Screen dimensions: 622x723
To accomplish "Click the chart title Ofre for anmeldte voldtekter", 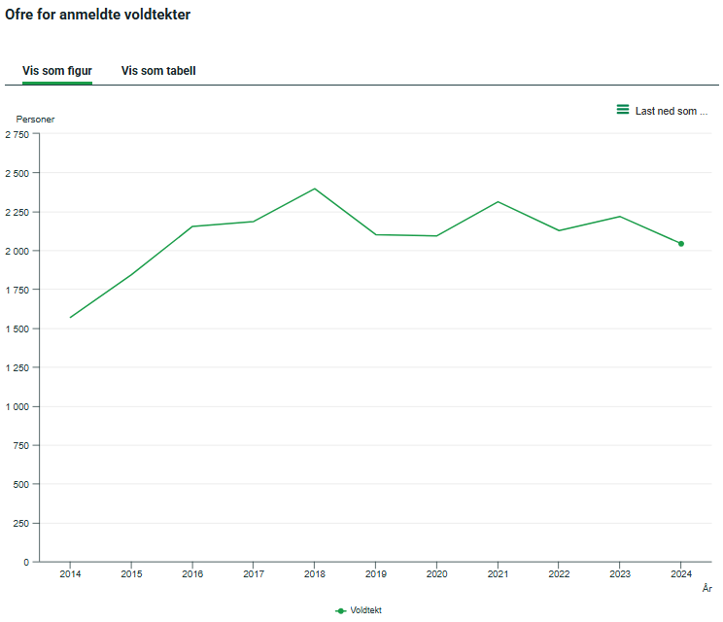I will (x=97, y=15).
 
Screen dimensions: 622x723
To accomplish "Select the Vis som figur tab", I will (x=57, y=71).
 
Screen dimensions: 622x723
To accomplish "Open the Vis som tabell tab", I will (x=158, y=71).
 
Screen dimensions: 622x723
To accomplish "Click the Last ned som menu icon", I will (x=623, y=110).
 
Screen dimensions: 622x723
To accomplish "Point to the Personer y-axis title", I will (x=35, y=120).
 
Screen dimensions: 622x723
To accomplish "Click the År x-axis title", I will (x=706, y=588).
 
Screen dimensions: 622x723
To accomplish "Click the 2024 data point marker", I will (x=681, y=244).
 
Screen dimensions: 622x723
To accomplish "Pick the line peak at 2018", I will (x=315, y=189).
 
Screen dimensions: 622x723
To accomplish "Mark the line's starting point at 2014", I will (x=70, y=318).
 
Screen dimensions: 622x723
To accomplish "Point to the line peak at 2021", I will (x=498, y=202).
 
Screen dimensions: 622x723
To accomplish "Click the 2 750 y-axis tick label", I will (x=17, y=134).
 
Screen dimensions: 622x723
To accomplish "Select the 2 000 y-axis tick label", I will (x=17, y=251).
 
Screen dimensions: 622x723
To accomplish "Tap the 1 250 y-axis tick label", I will (x=17, y=367).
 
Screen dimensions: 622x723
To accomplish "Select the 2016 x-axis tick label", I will (x=192, y=574).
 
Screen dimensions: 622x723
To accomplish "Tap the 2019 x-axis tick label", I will (x=375, y=574).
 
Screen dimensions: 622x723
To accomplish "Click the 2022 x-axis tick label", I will (x=559, y=574).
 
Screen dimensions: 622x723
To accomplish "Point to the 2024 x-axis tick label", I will (x=680, y=574).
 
